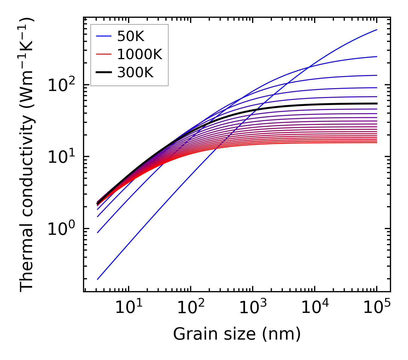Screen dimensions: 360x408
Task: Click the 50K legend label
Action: tap(131, 36)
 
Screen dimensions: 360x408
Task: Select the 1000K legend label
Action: tap(140, 55)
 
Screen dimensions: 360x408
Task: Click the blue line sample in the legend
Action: tap(104, 36)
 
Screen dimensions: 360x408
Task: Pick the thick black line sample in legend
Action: tap(104, 73)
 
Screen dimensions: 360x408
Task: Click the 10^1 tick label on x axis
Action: tap(129, 308)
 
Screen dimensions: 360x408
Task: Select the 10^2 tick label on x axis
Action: tap(191, 308)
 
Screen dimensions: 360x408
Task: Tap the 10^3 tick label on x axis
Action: tap(253, 308)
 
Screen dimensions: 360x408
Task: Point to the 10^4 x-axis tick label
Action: tap(315, 308)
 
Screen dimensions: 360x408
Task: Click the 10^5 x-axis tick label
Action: tap(377, 308)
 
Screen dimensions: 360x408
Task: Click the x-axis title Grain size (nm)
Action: tap(237, 334)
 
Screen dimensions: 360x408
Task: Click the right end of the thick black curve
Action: tap(377, 104)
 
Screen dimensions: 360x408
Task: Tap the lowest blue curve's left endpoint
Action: tap(98, 279)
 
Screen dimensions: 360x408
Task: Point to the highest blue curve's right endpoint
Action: tap(377, 30)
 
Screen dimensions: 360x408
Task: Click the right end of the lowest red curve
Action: tap(377, 142)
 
